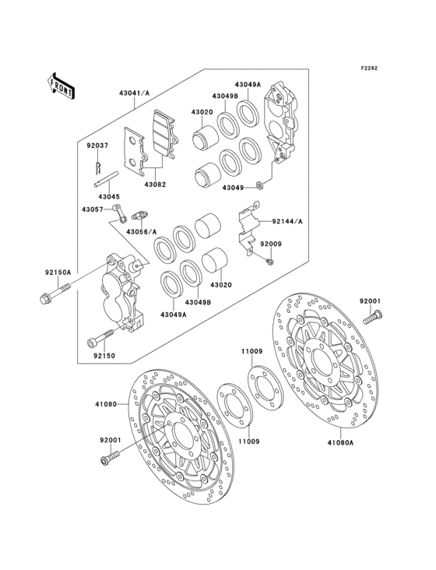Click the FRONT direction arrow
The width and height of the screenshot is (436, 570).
61,86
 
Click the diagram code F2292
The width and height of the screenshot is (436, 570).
369,68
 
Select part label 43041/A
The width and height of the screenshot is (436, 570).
134,93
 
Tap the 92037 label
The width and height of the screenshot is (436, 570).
97,146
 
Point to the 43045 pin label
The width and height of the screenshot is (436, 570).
109,197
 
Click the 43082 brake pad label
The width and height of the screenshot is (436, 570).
155,185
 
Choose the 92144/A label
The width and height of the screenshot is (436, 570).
287,221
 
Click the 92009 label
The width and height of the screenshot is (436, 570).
271,244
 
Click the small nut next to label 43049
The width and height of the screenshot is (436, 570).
259,186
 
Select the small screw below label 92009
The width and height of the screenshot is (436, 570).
269,261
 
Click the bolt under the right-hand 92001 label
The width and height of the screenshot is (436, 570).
373,317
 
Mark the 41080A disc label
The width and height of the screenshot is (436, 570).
340,442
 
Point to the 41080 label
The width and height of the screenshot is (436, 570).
106,404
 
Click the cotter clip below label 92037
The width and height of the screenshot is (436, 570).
98,167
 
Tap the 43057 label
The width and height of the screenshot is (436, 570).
93,209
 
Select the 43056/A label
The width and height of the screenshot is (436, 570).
142,231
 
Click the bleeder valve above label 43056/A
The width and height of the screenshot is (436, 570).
139,215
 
